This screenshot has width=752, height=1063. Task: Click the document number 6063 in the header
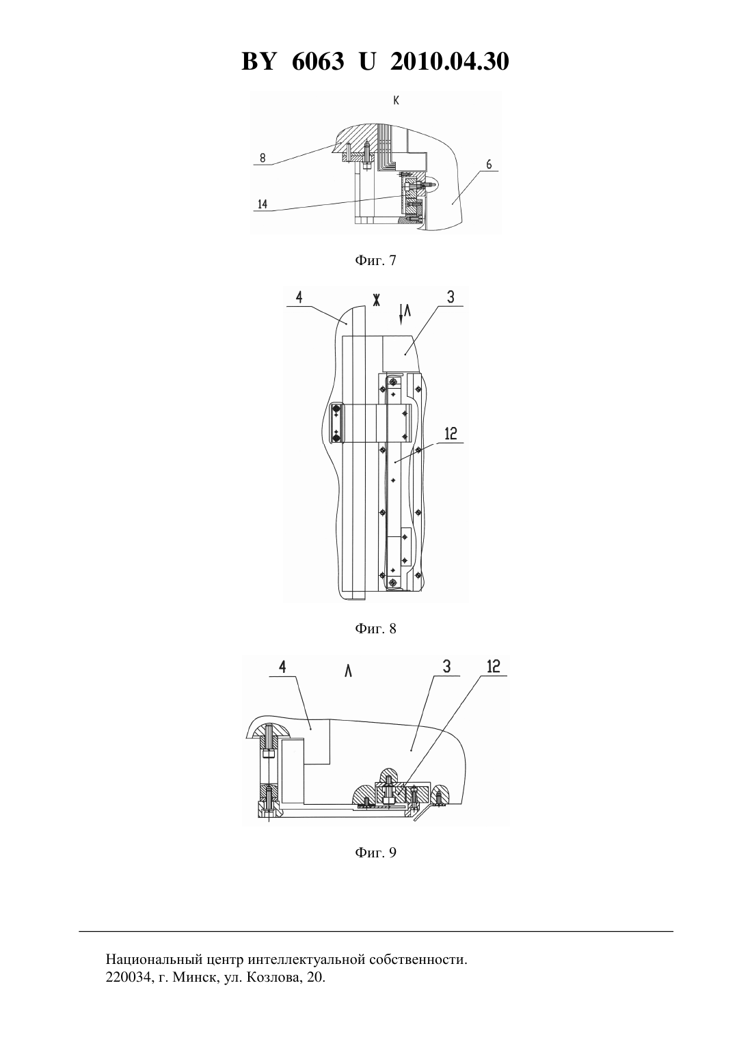317,61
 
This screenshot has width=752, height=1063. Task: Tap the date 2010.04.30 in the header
449,61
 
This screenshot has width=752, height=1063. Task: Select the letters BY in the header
258,61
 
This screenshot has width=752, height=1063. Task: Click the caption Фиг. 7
375,260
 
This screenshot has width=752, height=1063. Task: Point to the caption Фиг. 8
375,629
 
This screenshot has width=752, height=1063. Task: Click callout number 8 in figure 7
263,158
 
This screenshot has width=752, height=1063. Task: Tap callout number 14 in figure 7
263,204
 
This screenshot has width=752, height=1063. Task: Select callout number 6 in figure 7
489,164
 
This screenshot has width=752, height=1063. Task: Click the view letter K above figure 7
396,100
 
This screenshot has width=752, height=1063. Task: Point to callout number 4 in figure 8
299,298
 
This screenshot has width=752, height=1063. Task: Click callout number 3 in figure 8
451,297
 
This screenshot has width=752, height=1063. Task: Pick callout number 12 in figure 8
451,434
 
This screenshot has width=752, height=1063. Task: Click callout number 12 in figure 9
494,667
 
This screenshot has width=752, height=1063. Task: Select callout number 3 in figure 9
446,667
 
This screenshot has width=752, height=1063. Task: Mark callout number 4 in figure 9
282,667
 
